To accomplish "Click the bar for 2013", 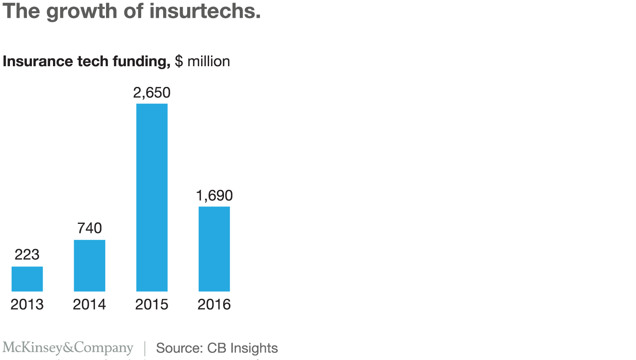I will [27, 279].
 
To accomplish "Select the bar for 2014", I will [89, 266].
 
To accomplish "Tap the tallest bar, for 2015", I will [152, 197].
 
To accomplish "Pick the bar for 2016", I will [214, 249].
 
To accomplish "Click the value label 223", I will [27, 254].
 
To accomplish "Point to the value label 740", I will [89, 228].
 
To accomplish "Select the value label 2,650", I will [152, 93].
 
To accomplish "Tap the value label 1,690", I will [214, 195].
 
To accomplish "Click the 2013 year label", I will [27, 305].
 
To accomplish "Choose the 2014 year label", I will [89, 305].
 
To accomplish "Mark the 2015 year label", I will [152, 305].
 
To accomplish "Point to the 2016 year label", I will [214, 305].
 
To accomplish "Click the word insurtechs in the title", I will [205, 11].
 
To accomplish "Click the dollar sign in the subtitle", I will [179, 61].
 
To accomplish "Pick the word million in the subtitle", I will [209, 61].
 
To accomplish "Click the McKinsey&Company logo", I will [68, 348].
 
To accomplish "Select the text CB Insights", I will [242, 348].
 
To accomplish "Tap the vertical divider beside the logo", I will [145, 348].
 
